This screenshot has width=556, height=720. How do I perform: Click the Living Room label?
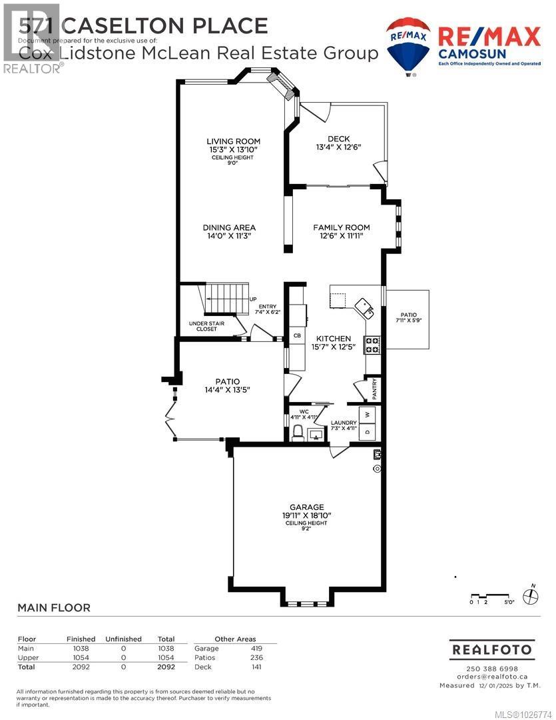pyautogui.click(x=233, y=141)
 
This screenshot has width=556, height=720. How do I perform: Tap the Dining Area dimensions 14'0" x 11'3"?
pyautogui.click(x=229, y=236)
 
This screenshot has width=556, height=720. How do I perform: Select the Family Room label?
pyautogui.click(x=341, y=227)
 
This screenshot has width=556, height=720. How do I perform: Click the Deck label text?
pyautogui.click(x=338, y=139)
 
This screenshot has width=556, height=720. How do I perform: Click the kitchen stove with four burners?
pyautogui.click(x=372, y=345)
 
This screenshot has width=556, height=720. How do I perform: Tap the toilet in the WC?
pyautogui.click(x=298, y=431)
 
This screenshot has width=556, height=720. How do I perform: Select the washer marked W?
pyautogui.click(x=367, y=415)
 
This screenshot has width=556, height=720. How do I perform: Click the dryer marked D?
pyautogui.click(x=367, y=432)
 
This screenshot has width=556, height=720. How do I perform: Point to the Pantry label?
pyautogui.click(x=374, y=389)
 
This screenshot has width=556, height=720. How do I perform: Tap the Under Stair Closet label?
pyautogui.click(x=206, y=327)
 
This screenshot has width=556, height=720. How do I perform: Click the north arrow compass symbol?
pyautogui.click(x=531, y=595)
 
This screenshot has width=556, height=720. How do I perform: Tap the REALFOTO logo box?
pyautogui.click(x=492, y=649)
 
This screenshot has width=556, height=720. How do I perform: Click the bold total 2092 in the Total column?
pyautogui.click(x=166, y=666)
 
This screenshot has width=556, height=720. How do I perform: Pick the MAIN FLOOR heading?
pyautogui.click(x=53, y=607)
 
